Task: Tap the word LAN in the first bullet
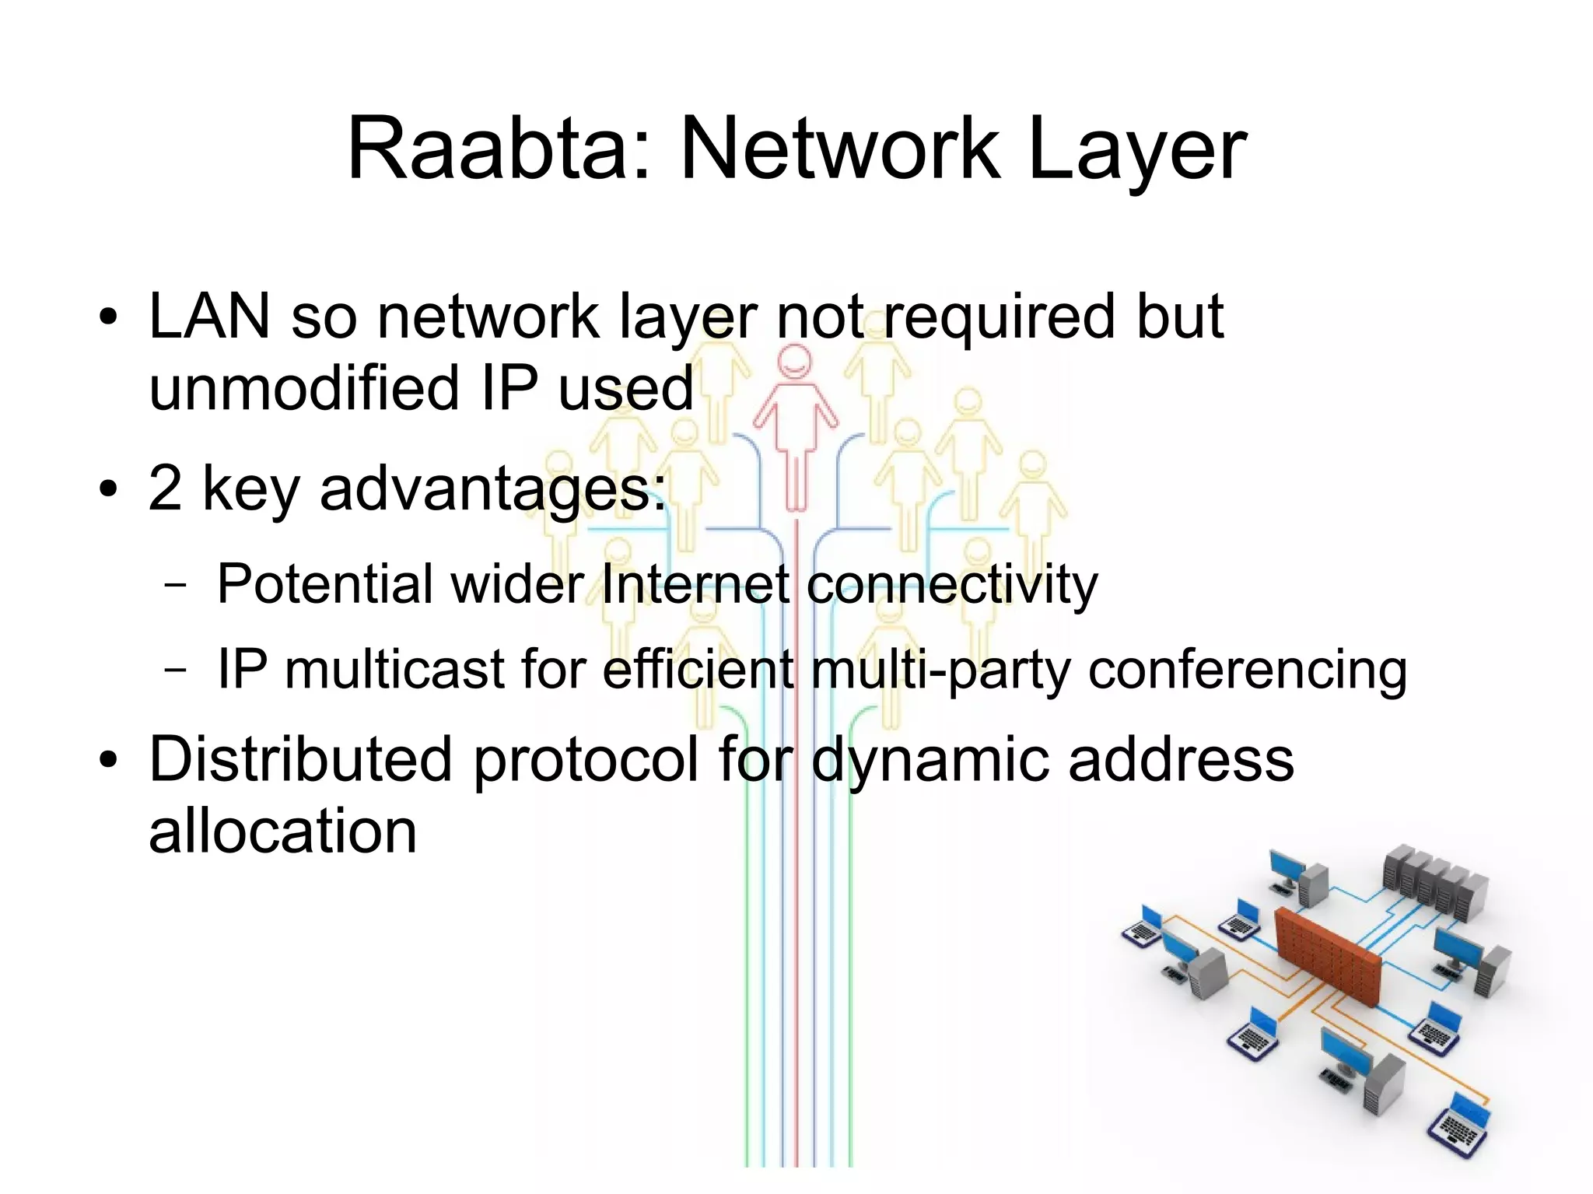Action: (x=209, y=317)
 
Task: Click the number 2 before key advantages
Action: (x=165, y=488)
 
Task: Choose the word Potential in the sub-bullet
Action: (x=324, y=583)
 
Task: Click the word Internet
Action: (x=695, y=583)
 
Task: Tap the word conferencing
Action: (x=1247, y=669)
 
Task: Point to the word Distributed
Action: (x=300, y=758)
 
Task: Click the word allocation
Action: (x=282, y=831)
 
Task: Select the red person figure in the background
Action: (x=795, y=420)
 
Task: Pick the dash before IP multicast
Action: (x=177, y=670)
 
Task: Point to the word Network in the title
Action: (x=839, y=149)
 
